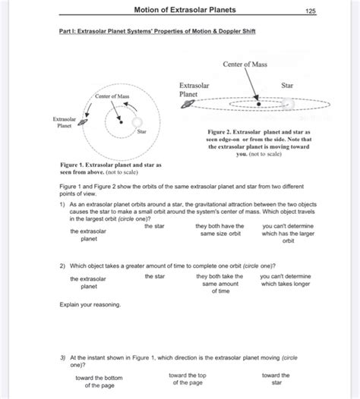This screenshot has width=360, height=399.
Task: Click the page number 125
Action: (310, 11)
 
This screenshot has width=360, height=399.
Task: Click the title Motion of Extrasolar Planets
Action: (185, 10)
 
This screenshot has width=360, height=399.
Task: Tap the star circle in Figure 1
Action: (136, 123)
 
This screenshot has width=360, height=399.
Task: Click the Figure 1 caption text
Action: (109, 168)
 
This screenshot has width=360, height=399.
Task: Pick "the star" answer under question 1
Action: (155, 226)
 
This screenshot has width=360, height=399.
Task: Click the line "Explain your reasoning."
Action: (90, 304)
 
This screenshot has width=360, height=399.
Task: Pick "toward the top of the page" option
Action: (187, 379)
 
